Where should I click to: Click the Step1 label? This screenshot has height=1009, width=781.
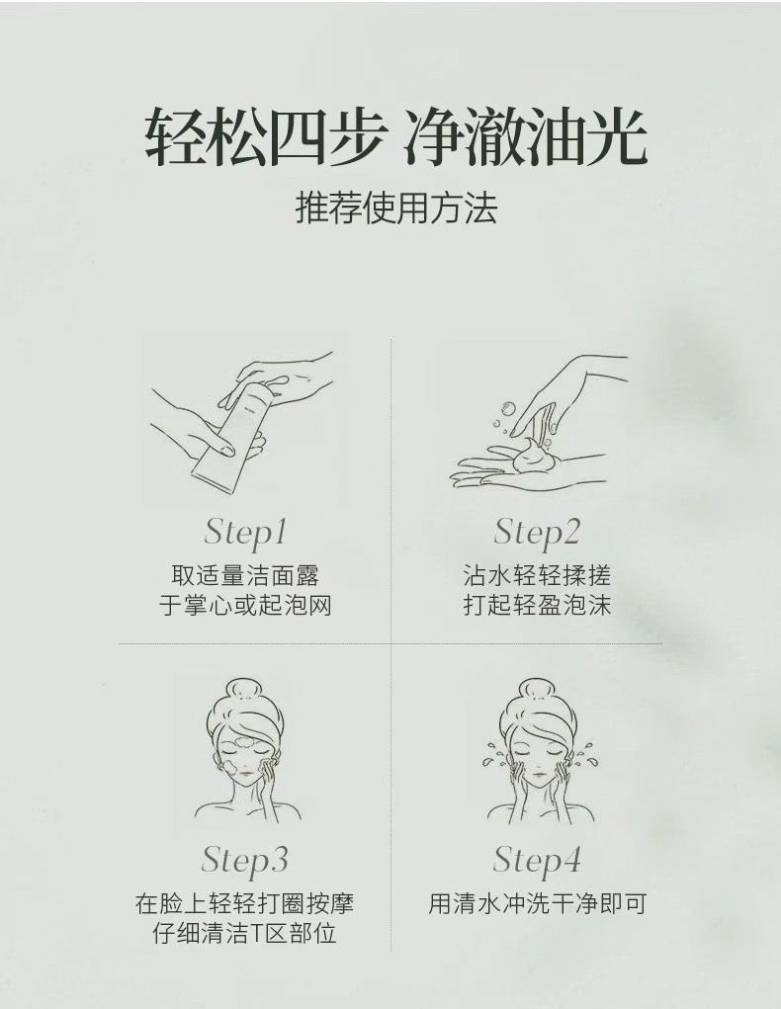pyautogui.click(x=244, y=533)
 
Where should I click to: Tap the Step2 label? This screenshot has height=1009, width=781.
pyautogui.click(x=537, y=533)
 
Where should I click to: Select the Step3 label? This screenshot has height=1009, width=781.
pyautogui.click(x=244, y=860)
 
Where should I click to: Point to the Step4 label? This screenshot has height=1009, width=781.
pyautogui.click(x=537, y=860)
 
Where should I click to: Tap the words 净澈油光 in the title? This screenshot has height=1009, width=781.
pyautogui.click(x=526, y=137)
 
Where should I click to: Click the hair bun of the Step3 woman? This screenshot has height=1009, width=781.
pyautogui.click(x=244, y=690)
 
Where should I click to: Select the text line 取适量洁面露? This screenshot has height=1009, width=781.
pyautogui.click(x=244, y=576)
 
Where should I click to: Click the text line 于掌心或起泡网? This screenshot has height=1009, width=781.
pyautogui.click(x=244, y=605)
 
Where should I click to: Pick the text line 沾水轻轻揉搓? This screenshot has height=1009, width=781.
pyautogui.click(x=537, y=576)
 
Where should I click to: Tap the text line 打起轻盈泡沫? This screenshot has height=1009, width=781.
pyautogui.click(x=537, y=605)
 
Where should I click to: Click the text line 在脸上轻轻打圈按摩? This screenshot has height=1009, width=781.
pyautogui.click(x=244, y=903)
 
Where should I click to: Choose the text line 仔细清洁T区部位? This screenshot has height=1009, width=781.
pyautogui.click(x=244, y=933)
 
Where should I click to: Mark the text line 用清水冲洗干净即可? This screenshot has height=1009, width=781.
pyautogui.click(x=537, y=903)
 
